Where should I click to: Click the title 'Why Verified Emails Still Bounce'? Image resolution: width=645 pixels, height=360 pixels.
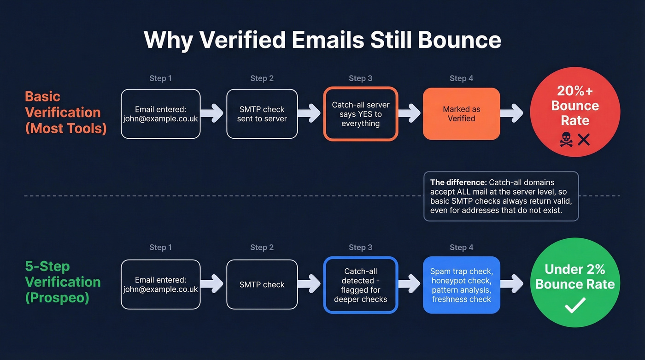(x=322, y=40)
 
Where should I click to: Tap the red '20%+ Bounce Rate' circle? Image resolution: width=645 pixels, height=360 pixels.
(x=575, y=112)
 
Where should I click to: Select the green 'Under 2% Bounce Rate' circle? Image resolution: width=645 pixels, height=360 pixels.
(x=575, y=282)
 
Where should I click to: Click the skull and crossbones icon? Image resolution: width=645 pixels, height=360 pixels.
(x=566, y=140)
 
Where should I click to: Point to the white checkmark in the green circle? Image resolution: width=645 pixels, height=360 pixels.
(x=575, y=305)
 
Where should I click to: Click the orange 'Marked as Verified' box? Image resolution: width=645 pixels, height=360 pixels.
(x=461, y=114)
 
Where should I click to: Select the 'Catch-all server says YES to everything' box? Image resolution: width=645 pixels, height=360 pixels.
(x=360, y=114)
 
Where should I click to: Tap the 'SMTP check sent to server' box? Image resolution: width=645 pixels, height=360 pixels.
(x=262, y=114)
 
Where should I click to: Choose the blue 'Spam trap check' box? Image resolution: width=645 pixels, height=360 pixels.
(x=461, y=285)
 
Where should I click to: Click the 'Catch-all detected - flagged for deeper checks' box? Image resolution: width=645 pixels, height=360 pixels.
(x=360, y=285)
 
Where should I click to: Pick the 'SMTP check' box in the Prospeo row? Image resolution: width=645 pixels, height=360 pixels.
(x=262, y=285)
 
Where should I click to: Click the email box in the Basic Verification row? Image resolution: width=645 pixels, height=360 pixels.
(x=160, y=114)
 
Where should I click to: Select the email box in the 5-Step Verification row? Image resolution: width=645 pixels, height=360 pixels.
(x=160, y=285)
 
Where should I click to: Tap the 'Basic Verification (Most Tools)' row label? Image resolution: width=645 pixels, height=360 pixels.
(x=65, y=112)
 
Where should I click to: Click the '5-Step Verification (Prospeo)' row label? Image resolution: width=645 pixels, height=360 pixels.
(x=63, y=282)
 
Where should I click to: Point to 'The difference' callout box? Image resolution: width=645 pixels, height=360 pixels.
(x=501, y=196)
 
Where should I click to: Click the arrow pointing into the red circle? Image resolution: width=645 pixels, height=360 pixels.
(x=511, y=113)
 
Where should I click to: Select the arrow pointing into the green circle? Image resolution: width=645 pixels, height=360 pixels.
(x=511, y=284)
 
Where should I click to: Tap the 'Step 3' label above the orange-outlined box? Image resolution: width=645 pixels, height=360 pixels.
(x=360, y=78)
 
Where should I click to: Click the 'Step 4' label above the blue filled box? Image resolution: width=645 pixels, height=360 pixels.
(x=461, y=248)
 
